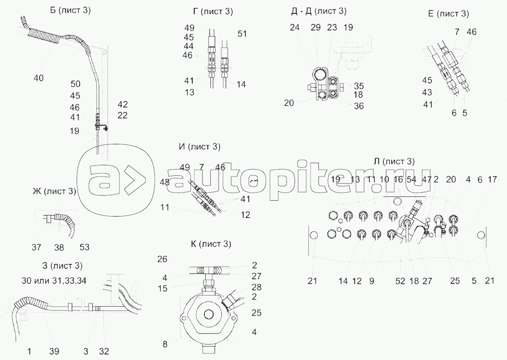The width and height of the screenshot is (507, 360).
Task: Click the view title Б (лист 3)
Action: pyautogui.click(x=70, y=11)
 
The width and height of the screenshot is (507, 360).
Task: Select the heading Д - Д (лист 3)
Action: pyautogui.click(x=319, y=11)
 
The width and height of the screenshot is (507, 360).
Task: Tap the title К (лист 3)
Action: pyautogui.click(x=211, y=244)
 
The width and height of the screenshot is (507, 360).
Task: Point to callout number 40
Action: pyautogui.click(x=38, y=78)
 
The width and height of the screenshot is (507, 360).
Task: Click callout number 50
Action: pyautogui.click(x=75, y=84)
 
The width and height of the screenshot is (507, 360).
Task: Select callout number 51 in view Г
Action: pyautogui.click(x=242, y=34)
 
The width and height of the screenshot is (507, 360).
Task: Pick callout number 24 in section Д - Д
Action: pyautogui.click(x=295, y=28)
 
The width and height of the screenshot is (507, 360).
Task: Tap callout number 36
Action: pyautogui.click(x=359, y=106)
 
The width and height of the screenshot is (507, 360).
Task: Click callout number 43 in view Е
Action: pyautogui.click(x=427, y=93)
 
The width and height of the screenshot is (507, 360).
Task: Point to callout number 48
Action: pyautogui.click(x=165, y=182)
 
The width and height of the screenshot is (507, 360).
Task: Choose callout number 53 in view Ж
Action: pyautogui.click(x=85, y=247)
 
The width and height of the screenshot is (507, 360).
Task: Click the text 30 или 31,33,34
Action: pyautogui.click(x=54, y=281)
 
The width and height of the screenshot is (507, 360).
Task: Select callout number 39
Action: pyautogui.click(x=54, y=352)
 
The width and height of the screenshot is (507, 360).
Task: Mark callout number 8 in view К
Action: pyautogui.click(x=165, y=344)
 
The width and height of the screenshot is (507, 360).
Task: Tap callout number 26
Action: pyautogui.click(x=162, y=259)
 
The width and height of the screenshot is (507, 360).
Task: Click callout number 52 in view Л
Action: pyautogui.click(x=400, y=281)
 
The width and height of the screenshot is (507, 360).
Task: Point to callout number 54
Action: pyautogui.click(x=411, y=180)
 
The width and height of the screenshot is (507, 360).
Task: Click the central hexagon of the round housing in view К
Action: pyautogui.click(x=208, y=315)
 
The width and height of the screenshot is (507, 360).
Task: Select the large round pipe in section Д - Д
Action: pyautogui.click(x=320, y=75)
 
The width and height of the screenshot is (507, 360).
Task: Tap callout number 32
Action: pyautogui.click(x=104, y=352)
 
